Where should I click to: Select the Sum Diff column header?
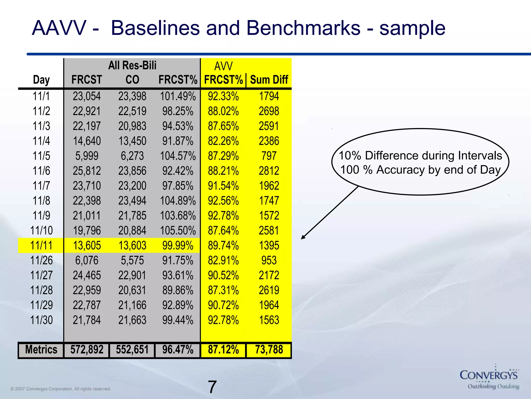pyautogui.click(x=269, y=80)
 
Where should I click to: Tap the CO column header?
pyautogui.click(x=132, y=80)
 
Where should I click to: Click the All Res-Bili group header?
pyautogui.click(x=132, y=65)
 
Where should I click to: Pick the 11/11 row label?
pyautogui.click(x=41, y=245)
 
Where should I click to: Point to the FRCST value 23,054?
pyautogui.click(x=87, y=96)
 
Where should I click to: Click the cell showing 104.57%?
pyautogui.click(x=178, y=156)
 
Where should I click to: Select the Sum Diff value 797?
pyautogui.click(x=269, y=156)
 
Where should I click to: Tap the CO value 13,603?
pyautogui.click(x=132, y=245)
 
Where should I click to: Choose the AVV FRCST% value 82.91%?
pyautogui.click(x=223, y=261)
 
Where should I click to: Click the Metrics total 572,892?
pyautogui.click(x=87, y=350)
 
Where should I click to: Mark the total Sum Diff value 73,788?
pyautogui.click(x=269, y=350)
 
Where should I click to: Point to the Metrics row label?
pyautogui.click(x=41, y=350)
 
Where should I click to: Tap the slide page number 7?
pyautogui.click(x=212, y=387)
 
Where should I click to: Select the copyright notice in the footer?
pyautogui.click(x=61, y=389)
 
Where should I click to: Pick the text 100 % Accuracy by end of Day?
pyautogui.click(x=420, y=170)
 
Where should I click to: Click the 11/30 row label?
pyautogui.click(x=41, y=320)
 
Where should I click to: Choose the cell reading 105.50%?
pyautogui.click(x=178, y=231)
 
